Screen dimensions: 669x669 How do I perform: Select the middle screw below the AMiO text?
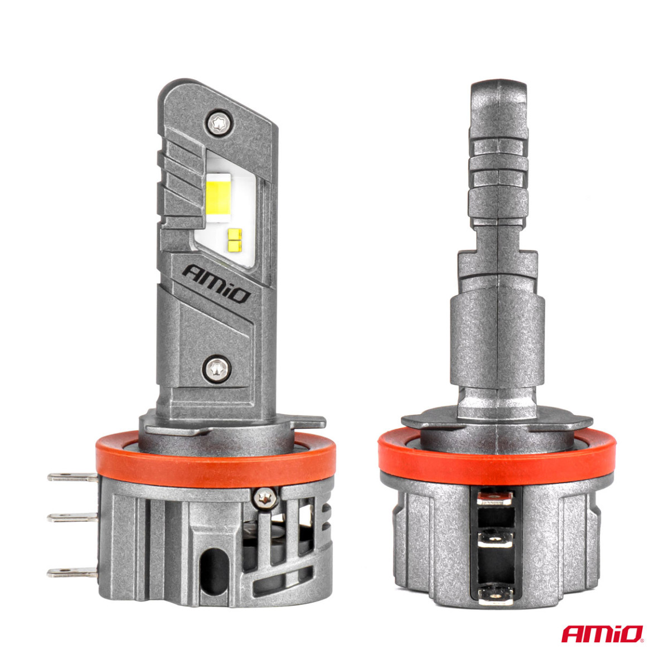point(216,367)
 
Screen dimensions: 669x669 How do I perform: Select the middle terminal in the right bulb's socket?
point(496,539)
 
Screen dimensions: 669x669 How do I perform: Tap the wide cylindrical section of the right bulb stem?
point(497,340)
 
